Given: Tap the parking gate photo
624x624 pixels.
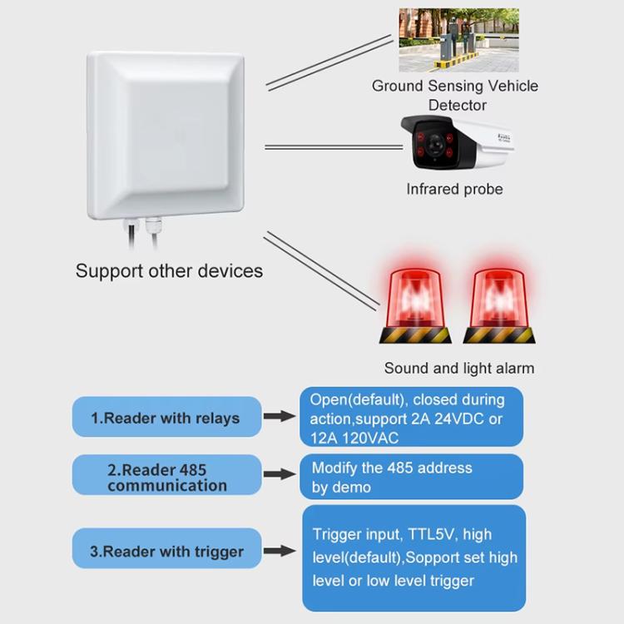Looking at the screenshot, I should (x=458, y=40).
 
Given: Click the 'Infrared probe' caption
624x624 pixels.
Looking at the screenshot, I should (x=454, y=189).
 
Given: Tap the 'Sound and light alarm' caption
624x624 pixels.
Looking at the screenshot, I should (x=458, y=368).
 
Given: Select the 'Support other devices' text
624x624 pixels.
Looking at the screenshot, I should (x=169, y=270).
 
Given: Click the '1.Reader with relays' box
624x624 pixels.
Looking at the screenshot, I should (x=166, y=417).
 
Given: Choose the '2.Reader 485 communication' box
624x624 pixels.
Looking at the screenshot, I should (x=166, y=478).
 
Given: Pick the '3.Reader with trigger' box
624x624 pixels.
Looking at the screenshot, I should (x=166, y=551).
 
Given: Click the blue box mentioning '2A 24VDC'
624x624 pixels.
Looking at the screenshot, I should (x=411, y=418).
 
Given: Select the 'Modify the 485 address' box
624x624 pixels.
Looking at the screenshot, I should (x=411, y=477).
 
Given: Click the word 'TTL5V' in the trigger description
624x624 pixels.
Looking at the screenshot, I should (x=435, y=534).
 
